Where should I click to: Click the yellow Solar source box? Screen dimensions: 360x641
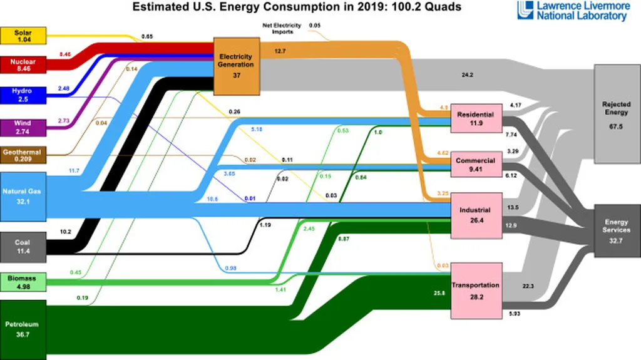(23, 36)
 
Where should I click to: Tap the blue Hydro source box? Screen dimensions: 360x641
(23, 95)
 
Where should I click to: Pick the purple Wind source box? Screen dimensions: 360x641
(23, 127)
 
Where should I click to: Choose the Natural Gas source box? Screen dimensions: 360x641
(23, 194)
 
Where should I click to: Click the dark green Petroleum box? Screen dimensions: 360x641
(23, 329)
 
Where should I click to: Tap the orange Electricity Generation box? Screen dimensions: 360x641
(236, 66)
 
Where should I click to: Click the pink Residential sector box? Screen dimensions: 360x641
(475, 118)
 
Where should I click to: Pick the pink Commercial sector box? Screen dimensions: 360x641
(475, 164)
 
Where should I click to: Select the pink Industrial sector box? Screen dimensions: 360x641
(474, 215)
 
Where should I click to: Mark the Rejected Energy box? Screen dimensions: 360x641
(616, 113)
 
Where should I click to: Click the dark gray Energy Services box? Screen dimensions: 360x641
(616, 230)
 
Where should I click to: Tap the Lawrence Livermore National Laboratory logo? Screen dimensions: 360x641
(572, 11)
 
